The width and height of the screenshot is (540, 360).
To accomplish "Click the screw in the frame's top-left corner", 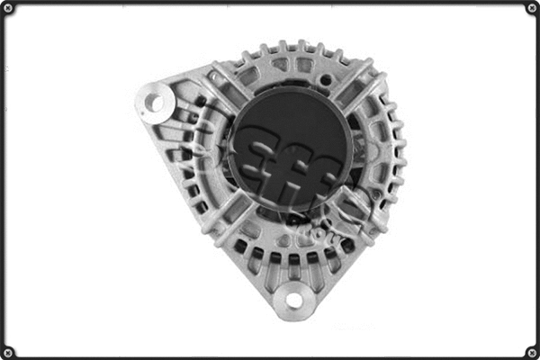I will (x=10, y=9).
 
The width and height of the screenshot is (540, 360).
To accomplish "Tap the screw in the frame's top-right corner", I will (x=531, y=9).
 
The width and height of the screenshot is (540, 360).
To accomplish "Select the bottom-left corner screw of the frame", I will (x=10, y=351).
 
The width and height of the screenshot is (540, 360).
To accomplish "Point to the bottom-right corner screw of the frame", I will (x=531, y=351).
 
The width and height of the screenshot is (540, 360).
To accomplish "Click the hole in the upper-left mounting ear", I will (x=157, y=102).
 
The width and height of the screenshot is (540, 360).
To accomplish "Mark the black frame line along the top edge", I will (x=270, y=3).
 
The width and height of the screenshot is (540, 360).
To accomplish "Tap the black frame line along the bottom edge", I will (x=270, y=356).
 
